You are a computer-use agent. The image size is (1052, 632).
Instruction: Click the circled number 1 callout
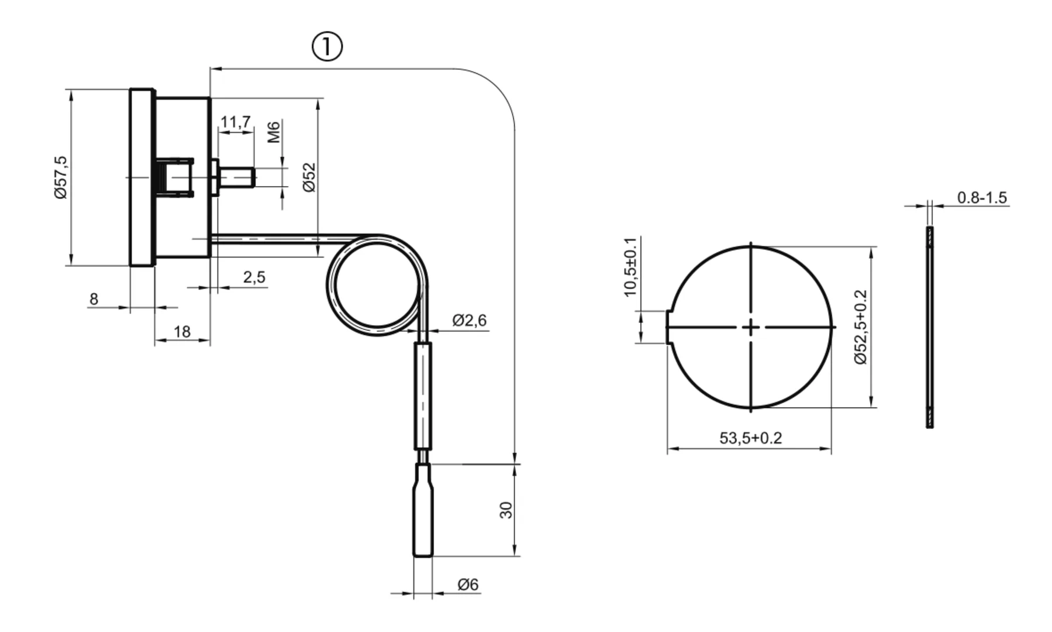pos(327,47)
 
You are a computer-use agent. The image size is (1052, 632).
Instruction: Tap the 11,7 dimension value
pos(236,122)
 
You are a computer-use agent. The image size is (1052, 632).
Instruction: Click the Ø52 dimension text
pos(309,177)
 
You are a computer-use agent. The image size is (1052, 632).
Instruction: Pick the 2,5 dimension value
pos(254,277)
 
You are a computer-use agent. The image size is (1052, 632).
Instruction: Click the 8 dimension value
pos(94,299)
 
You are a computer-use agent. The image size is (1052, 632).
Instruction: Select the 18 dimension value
pos(182,332)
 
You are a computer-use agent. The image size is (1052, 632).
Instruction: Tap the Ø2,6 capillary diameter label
pos(470,321)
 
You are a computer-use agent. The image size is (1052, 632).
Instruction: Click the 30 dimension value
pos(506,510)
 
